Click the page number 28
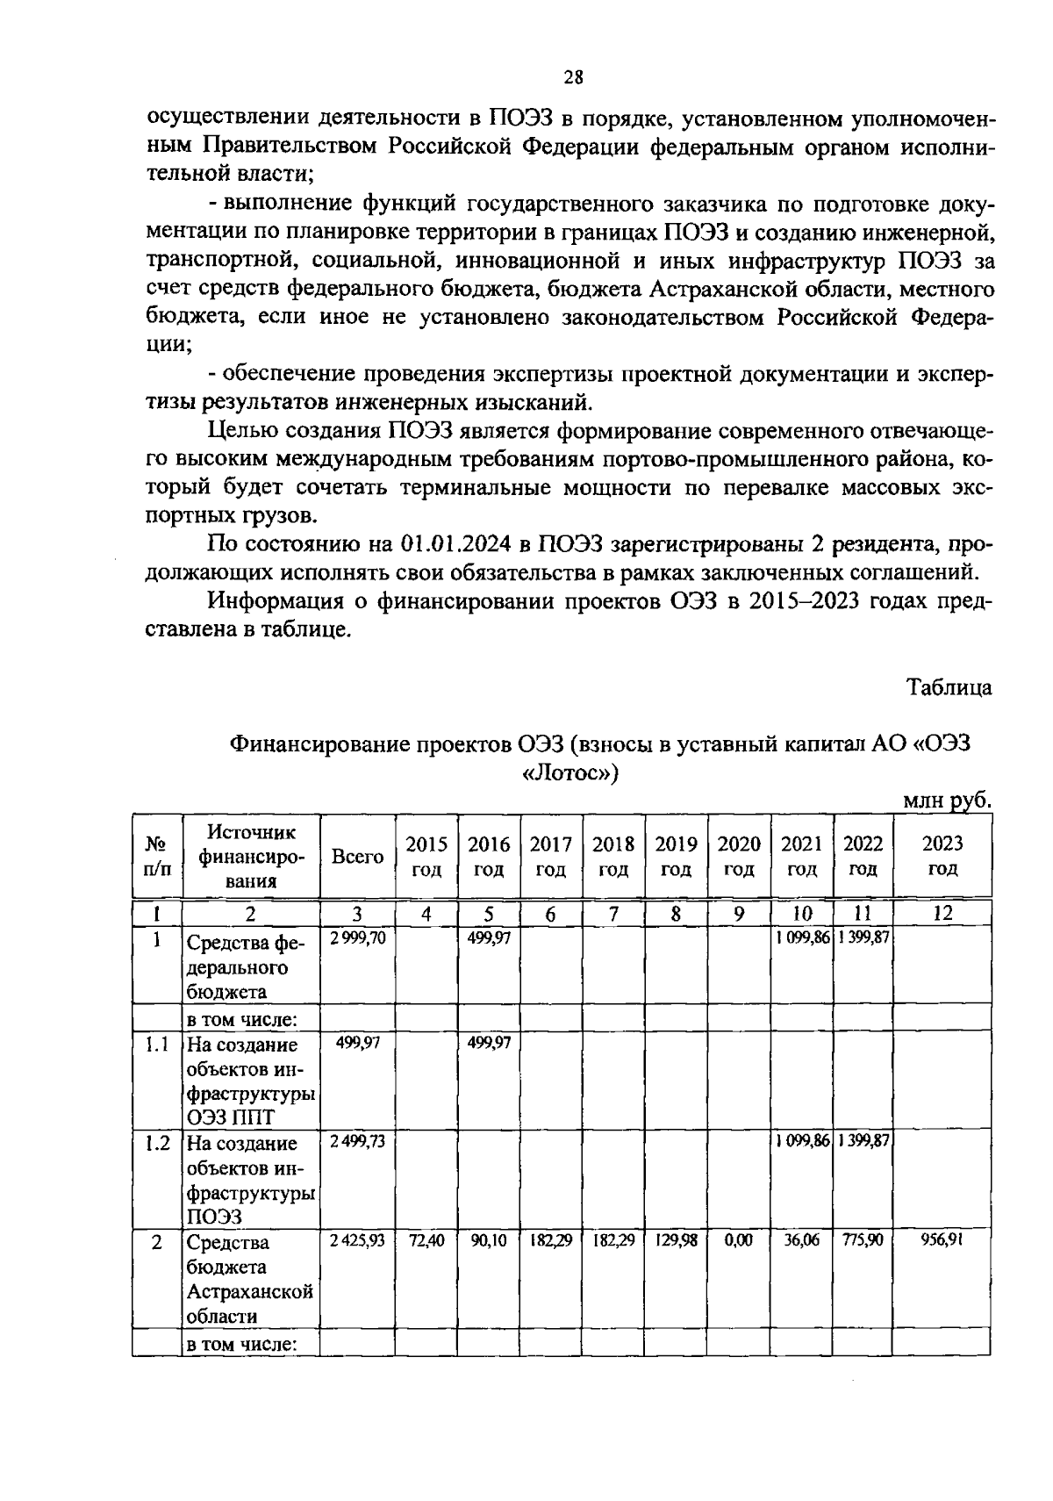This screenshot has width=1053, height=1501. pyautogui.click(x=573, y=77)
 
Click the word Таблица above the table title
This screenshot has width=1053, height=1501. pyautogui.click(x=949, y=687)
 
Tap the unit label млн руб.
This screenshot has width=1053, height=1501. pyautogui.click(x=947, y=801)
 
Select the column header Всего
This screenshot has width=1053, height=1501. pyautogui.click(x=357, y=857)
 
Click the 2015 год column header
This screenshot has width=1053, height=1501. pyautogui.click(x=426, y=857)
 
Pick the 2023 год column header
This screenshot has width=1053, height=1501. pyautogui.click(x=942, y=857)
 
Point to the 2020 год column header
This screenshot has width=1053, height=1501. pyautogui.click(x=739, y=857)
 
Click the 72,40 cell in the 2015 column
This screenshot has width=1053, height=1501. pyautogui.click(x=426, y=1242)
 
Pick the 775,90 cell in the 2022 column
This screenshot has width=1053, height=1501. pyautogui.click(x=863, y=1242)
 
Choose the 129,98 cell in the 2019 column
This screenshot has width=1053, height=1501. pyautogui.click(x=676, y=1242)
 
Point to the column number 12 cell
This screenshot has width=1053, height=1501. pyautogui.click(x=942, y=914)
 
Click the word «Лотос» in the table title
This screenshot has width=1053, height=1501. pyautogui.click(x=570, y=773)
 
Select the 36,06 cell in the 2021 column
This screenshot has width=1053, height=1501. pyautogui.click(x=801, y=1242)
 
